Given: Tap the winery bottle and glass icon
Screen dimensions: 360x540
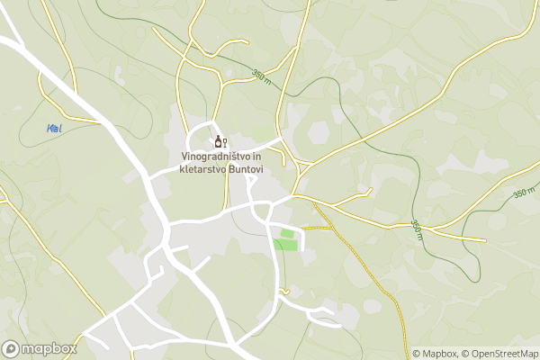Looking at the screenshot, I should (220, 142).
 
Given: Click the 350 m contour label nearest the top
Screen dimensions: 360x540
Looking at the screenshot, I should (262, 77).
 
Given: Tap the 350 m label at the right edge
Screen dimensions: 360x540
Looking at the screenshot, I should (524, 193).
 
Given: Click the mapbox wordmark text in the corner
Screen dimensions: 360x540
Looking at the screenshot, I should (49, 348).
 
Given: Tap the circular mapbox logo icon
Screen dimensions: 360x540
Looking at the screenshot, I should (11, 348).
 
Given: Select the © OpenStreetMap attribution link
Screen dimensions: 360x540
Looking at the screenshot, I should (499, 354).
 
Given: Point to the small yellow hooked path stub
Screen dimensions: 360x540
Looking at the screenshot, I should (283, 291).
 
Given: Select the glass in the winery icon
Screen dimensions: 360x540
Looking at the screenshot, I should (224, 143).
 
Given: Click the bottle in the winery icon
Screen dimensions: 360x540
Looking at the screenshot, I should (217, 142).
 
